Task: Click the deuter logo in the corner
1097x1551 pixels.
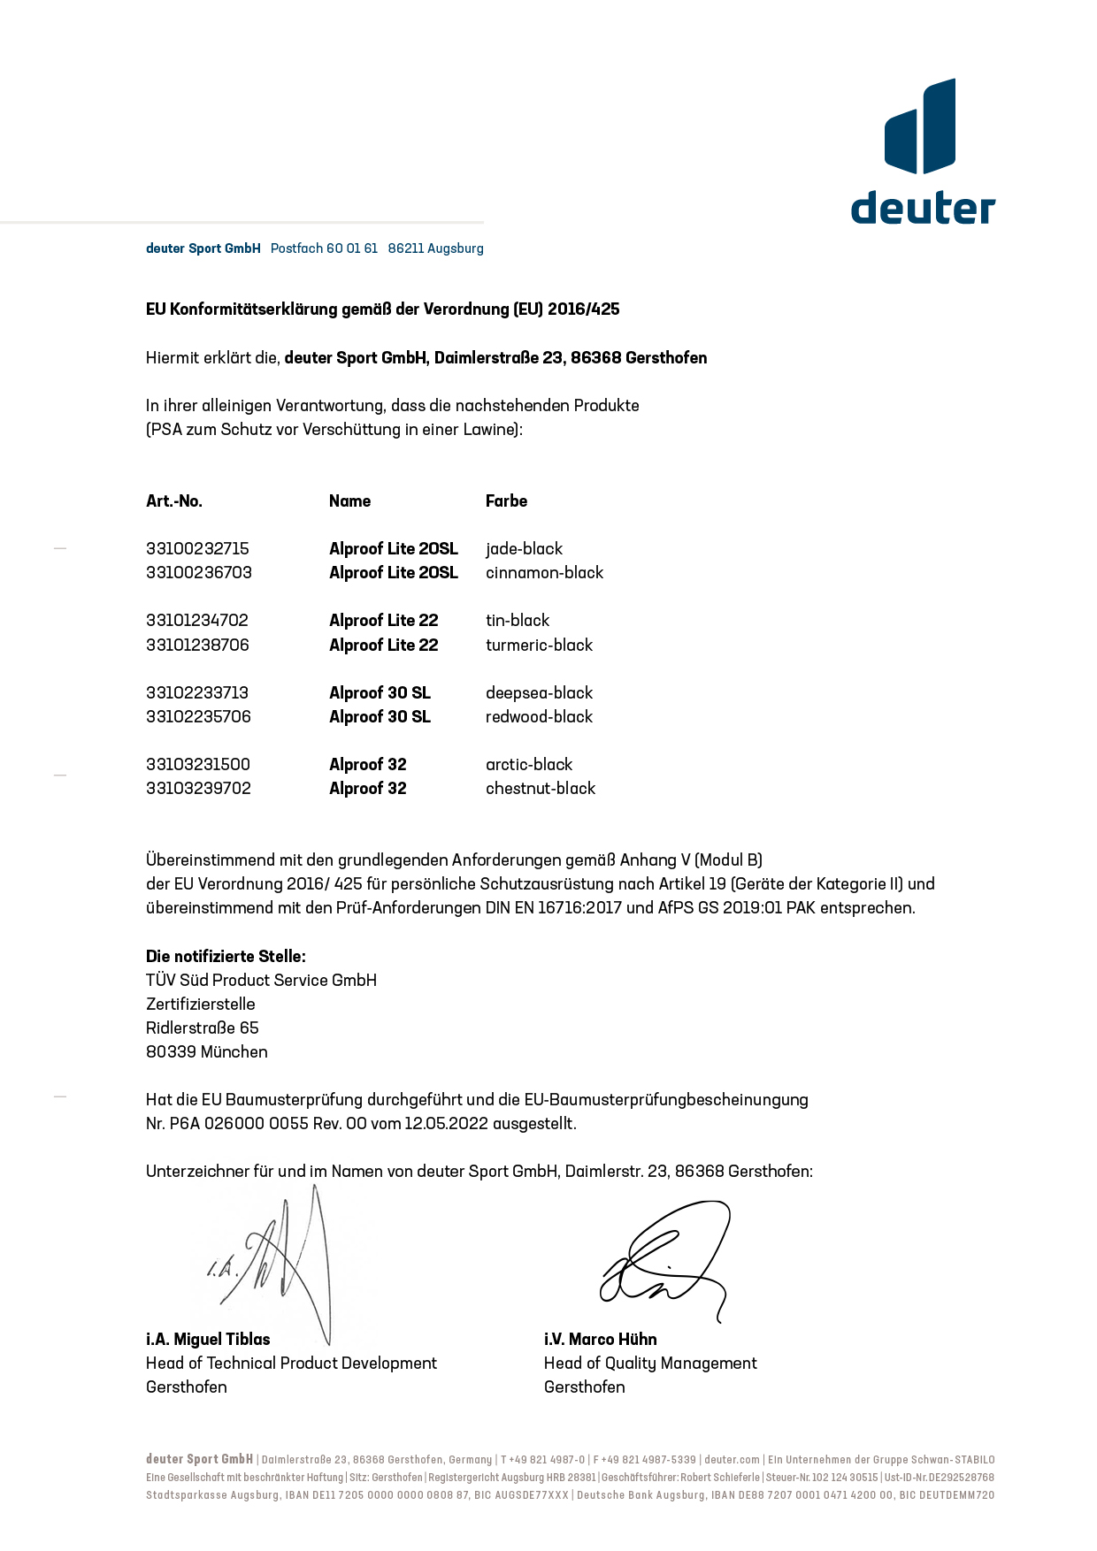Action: pyautogui.click(x=922, y=151)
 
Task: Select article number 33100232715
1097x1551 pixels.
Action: pyautogui.click(x=197, y=549)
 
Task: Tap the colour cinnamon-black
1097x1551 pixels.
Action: pyautogui.click(x=544, y=573)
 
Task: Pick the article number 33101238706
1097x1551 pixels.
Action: pyautogui.click(x=197, y=646)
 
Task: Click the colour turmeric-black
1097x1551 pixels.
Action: pyautogui.click(x=539, y=646)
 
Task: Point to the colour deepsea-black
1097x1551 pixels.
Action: pyautogui.click(x=539, y=693)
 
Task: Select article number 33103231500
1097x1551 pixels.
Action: pyautogui.click(x=197, y=765)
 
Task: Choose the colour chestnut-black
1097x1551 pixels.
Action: pyautogui.click(x=540, y=789)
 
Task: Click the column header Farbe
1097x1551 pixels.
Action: pyautogui.click(x=506, y=501)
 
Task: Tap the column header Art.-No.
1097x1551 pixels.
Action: pyautogui.click(x=174, y=501)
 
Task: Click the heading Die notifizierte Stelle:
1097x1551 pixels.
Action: pyautogui.click(x=226, y=957)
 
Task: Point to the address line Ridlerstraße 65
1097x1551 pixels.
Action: pyautogui.click(x=202, y=1028)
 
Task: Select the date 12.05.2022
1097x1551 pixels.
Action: pyautogui.click(x=446, y=1124)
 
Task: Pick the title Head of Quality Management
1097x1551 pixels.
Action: pyautogui.click(x=650, y=1364)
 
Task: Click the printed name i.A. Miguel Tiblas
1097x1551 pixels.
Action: pyautogui.click(x=208, y=1340)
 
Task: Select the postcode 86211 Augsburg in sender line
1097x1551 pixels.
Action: pyautogui.click(x=435, y=248)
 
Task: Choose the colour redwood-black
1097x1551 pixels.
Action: pyautogui.click(x=539, y=717)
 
